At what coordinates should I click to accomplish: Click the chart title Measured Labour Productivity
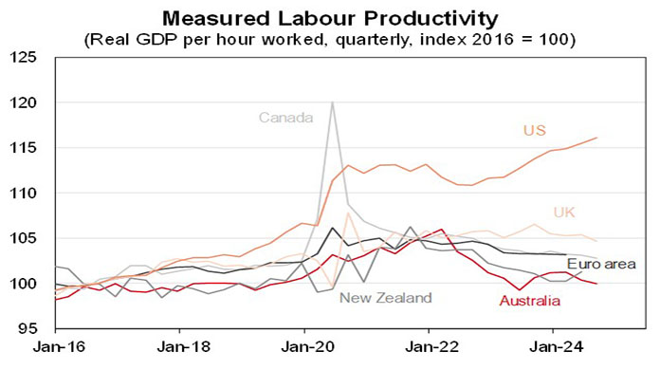pos(329,18)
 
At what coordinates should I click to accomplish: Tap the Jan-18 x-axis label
pos(180,349)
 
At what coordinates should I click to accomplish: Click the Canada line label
pos(285,118)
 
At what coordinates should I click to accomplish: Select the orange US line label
pos(535,130)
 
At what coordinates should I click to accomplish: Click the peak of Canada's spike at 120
pos(332,102)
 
